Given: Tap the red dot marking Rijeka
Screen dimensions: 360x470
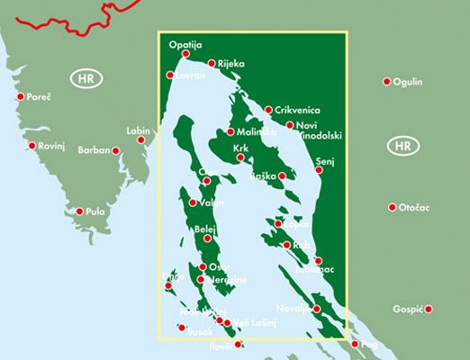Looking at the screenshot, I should coord(211,63).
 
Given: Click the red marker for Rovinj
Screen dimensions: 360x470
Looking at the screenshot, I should coord(32,145).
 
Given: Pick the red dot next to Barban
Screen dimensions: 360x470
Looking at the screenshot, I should coord(116,150).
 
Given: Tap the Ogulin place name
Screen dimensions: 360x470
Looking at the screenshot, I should coord(410,82).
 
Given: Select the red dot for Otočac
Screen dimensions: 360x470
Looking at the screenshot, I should coord(393,207).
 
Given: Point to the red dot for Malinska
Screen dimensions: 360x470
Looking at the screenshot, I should coord(205,132).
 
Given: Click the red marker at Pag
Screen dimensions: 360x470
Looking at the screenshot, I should coord(355,344).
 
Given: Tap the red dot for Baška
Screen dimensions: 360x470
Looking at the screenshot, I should coord(283,175).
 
